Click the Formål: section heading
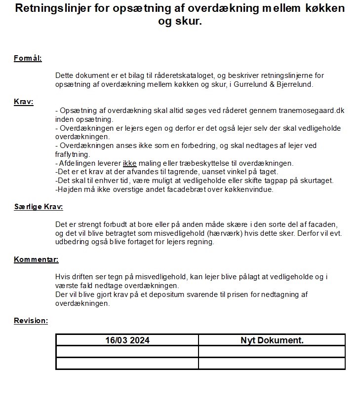click(x=28, y=59)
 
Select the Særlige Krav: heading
click(x=39, y=207)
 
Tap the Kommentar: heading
click(x=36, y=259)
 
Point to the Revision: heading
click(x=31, y=321)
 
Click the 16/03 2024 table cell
click(x=127, y=340)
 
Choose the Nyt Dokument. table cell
click(x=272, y=340)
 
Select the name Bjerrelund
click(x=295, y=84)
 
